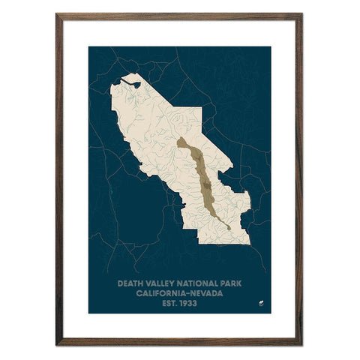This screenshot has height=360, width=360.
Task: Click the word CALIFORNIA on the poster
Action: tap(160, 294)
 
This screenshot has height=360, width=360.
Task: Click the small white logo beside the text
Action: tap(260, 303)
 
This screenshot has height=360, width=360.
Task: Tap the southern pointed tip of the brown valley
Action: tap(229, 228)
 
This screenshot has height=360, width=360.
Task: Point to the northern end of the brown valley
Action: tap(180, 139)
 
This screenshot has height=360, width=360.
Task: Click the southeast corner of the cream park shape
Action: tap(249, 243)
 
